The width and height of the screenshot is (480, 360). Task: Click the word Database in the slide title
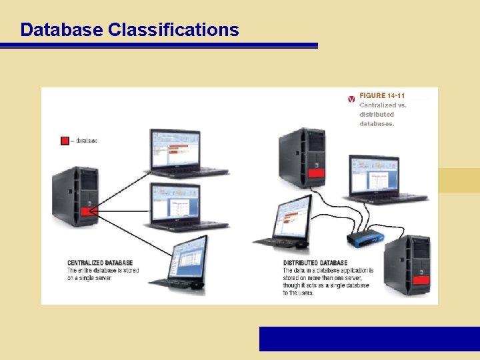click(61, 30)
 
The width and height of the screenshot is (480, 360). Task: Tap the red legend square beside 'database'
click(65, 141)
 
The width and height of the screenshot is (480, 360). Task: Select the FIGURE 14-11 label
click(382, 95)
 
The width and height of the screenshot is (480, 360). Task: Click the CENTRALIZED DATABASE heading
click(100, 263)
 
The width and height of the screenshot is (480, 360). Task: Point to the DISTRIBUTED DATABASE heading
click(315, 263)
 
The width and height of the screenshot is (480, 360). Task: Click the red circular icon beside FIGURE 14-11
click(351, 99)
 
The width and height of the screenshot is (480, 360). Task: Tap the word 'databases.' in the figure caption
click(377, 123)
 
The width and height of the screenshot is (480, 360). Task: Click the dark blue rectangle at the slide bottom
click(369, 339)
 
